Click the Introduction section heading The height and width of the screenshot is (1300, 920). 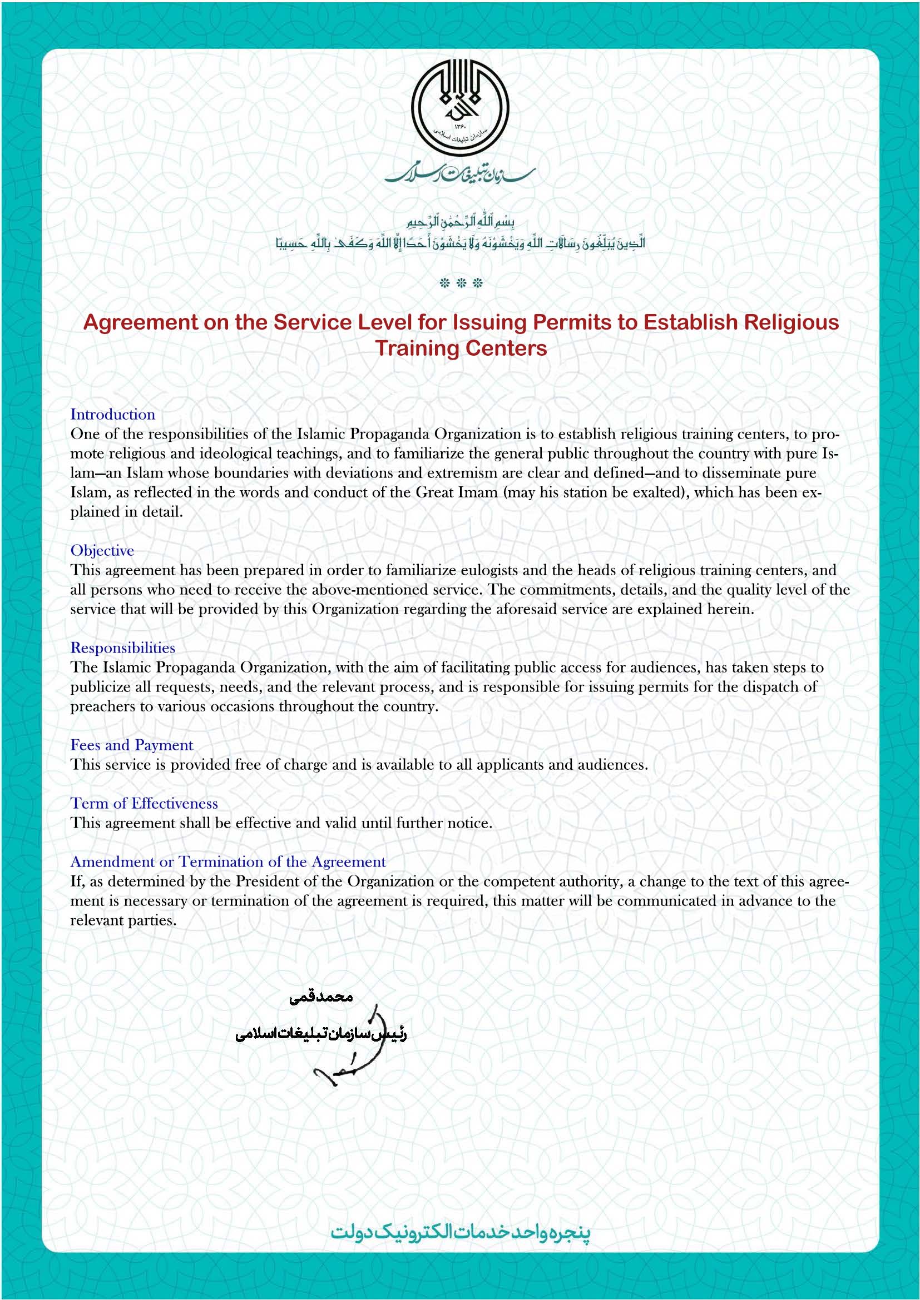pyautogui.click(x=113, y=415)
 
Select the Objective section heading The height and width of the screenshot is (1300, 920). pyautogui.click(x=102, y=550)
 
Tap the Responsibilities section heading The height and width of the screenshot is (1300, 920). pyautogui.click(x=122, y=647)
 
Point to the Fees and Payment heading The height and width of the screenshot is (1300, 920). pyautogui.click(x=131, y=745)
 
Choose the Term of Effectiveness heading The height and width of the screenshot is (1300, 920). pyautogui.click(x=144, y=804)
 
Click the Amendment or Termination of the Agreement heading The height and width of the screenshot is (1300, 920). pyautogui.click(x=227, y=862)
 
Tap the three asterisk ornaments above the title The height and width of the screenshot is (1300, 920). pyautogui.click(x=461, y=283)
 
